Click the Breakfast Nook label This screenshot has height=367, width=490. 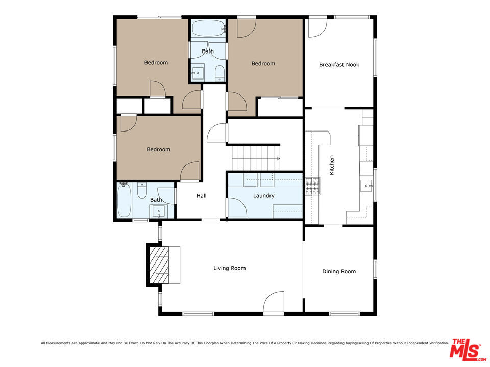[339, 65]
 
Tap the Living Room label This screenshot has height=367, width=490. [229, 268]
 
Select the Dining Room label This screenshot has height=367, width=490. [339, 272]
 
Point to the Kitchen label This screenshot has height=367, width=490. [332, 165]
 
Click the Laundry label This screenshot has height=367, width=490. [264, 196]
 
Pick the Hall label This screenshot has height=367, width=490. [202, 196]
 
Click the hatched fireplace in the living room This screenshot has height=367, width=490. [159, 265]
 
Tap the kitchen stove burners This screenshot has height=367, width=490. [313, 187]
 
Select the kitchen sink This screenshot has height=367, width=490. [366, 186]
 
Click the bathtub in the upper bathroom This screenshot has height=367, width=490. [208, 29]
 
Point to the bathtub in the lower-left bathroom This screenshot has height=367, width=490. [124, 200]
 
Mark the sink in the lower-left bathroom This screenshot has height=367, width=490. [159, 211]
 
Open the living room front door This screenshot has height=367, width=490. [274, 302]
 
